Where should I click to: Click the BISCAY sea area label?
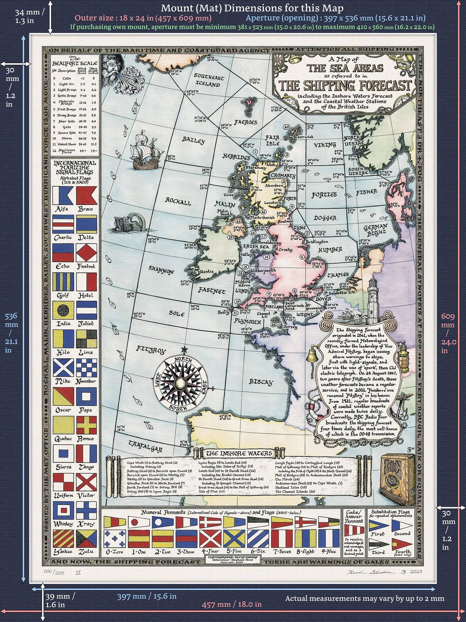coord(261,382)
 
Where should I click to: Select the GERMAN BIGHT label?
coord(376,230)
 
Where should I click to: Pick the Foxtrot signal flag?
coord(87,252)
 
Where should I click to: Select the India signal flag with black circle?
coord(63,311)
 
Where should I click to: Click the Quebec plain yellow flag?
coord(63,425)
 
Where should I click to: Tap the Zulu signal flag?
coord(87,539)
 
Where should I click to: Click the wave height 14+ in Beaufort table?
coord(94,151)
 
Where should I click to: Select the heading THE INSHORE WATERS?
coord(239,453)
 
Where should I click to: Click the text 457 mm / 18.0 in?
coord(232,604)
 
